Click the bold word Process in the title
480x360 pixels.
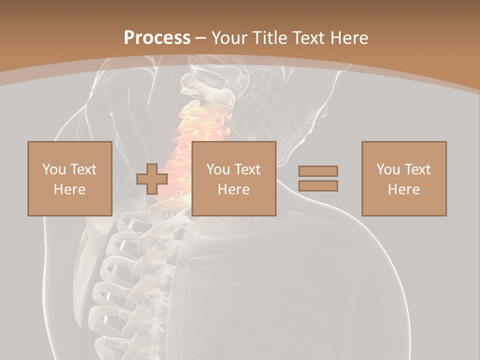coord(157,38)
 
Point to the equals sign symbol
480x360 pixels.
coord(318,178)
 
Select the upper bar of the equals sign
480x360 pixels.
coord(318,171)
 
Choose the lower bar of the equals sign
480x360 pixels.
coord(318,186)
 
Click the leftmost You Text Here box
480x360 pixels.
coord(69,178)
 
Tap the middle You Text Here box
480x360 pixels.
coord(233,178)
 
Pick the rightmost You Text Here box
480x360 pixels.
coord(403,178)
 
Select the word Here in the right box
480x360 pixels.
coord(403,189)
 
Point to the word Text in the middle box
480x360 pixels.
coord(247,169)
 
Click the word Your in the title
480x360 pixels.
coord(228,38)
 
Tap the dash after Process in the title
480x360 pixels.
coord(200,38)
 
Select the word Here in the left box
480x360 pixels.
coord(69,189)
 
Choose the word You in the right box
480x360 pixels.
coord(387,169)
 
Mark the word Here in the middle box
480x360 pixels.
coord(233,189)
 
